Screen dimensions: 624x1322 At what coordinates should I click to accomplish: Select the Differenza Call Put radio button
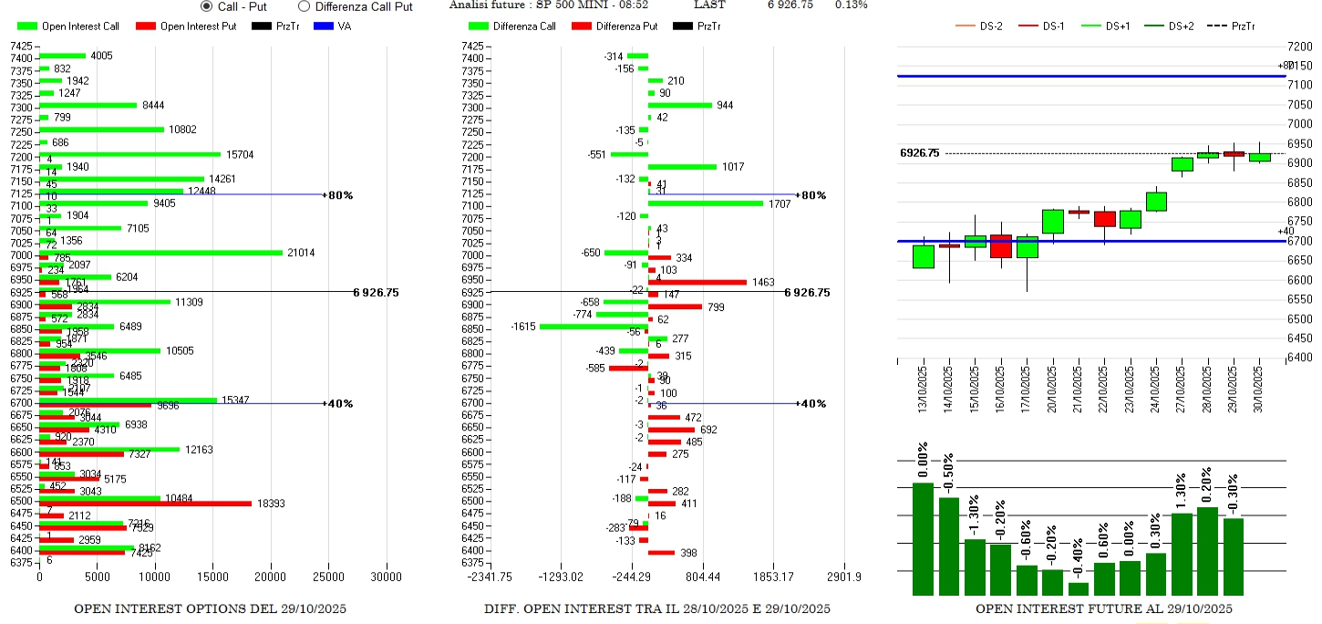pos(305,6)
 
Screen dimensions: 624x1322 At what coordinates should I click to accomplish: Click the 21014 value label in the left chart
pos(301,253)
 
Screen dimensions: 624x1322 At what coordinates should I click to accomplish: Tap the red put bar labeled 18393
pos(145,503)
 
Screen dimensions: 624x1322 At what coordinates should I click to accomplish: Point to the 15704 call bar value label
pos(240,154)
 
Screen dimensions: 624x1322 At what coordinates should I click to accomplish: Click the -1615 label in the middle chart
pos(523,327)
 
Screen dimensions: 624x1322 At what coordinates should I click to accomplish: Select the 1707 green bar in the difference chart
pos(705,203)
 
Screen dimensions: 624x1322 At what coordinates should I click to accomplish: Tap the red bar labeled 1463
pos(697,283)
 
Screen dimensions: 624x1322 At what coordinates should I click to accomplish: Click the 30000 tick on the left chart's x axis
pos(386,577)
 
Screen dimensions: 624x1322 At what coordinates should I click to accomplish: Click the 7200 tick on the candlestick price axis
pos(1299,46)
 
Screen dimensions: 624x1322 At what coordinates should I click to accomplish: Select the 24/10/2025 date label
pos(1156,390)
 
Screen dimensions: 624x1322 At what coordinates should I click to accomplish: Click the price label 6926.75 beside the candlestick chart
pos(919,153)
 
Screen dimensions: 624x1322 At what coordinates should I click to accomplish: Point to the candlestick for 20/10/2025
pos(1052,222)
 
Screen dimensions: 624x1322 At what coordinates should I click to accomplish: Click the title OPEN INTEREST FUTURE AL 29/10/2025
pos(1103,608)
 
